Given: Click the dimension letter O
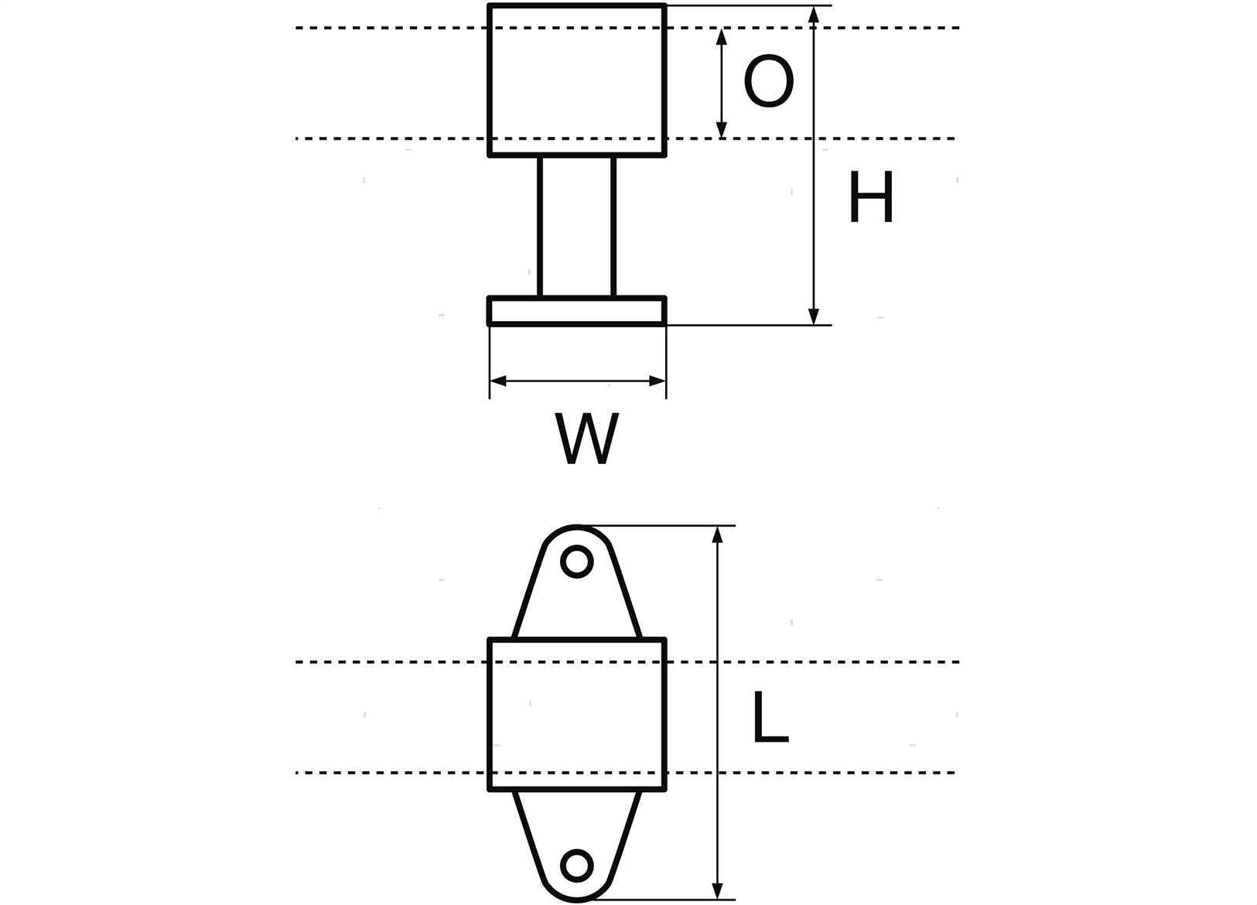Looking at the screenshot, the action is (x=769, y=80).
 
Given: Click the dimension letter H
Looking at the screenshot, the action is (x=871, y=197).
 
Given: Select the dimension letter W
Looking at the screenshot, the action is (x=587, y=439).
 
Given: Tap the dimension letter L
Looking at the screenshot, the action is (x=770, y=716).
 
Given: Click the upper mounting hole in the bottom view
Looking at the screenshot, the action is (x=577, y=561).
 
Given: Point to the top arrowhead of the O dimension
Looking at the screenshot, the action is (x=722, y=36).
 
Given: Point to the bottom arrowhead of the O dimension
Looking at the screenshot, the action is (x=722, y=130).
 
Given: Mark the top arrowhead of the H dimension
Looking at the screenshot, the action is (x=814, y=15).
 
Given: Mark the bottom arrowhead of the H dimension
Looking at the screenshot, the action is (x=814, y=316).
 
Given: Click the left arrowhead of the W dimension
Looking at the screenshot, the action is (x=498, y=381).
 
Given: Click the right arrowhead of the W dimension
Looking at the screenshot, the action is (x=657, y=381).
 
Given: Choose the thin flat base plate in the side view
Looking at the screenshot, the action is (x=577, y=312).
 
